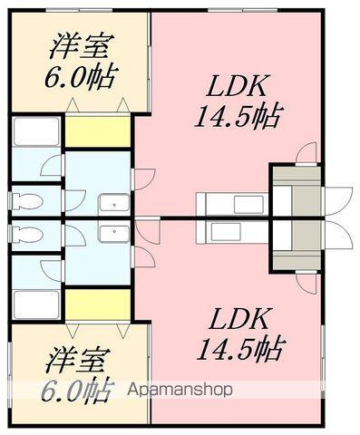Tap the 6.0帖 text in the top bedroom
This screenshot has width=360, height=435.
tap(83, 77)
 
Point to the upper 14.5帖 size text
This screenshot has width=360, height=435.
tap(238, 116)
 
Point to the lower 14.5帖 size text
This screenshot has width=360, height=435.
tap(238, 347)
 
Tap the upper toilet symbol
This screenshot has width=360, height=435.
tap(27, 200)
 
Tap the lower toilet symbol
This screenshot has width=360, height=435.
tap(27, 234)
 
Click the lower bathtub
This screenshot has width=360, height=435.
tap(36, 303)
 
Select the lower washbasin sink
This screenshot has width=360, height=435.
tap(113, 233)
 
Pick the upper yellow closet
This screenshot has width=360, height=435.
tap(98, 130)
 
